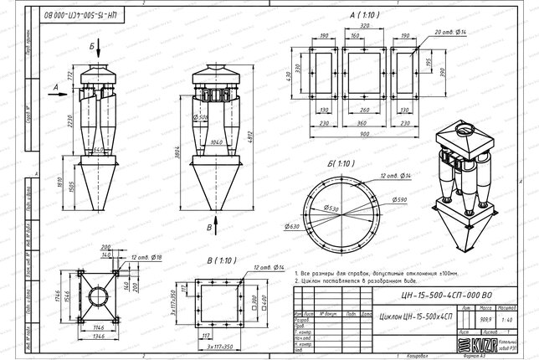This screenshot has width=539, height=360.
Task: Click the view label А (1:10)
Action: pyautogui.click(x=346, y=15)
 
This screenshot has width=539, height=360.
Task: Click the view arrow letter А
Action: pyautogui.click(x=54, y=85)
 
